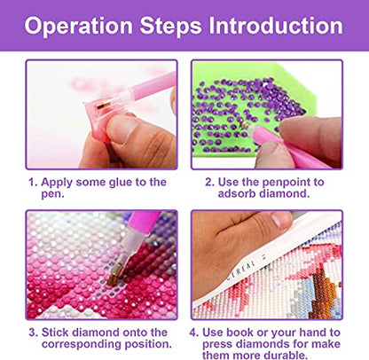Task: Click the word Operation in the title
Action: click(79, 26)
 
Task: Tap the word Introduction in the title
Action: click(276, 26)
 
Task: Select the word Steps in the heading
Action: click(170, 27)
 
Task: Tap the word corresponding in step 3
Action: click(82, 344)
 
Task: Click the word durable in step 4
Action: click(286, 355)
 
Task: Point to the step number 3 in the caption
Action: click(33, 333)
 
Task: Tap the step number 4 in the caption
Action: click(193, 333)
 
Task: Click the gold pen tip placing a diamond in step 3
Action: click(114, 274)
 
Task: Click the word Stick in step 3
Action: click(55, 333)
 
